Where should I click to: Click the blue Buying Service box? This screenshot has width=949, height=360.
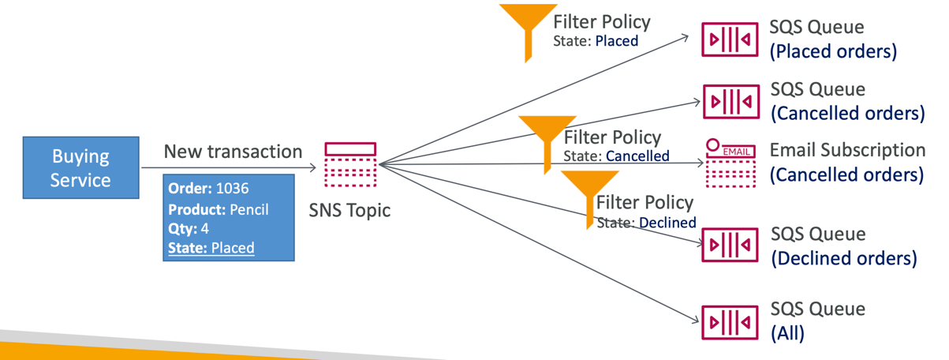80,167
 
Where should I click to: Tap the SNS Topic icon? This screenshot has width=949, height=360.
350,165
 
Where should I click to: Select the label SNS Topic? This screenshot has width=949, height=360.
350,211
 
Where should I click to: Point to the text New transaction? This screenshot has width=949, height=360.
233,152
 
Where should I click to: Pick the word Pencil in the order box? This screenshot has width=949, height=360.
249,209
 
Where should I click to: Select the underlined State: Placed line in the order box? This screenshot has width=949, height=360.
211,248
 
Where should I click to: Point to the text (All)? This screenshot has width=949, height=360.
787,333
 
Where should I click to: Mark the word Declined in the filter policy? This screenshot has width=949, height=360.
667,223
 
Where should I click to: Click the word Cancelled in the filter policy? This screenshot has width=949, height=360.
637,156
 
